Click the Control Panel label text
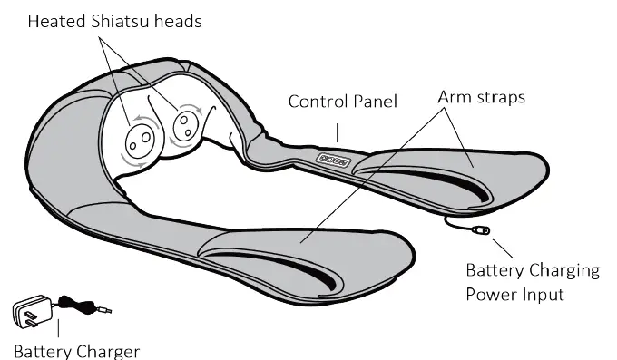pos(342,101)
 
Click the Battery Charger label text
pos(76,350)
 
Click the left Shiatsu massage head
pos(139,137)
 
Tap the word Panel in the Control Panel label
pos(374,101)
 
